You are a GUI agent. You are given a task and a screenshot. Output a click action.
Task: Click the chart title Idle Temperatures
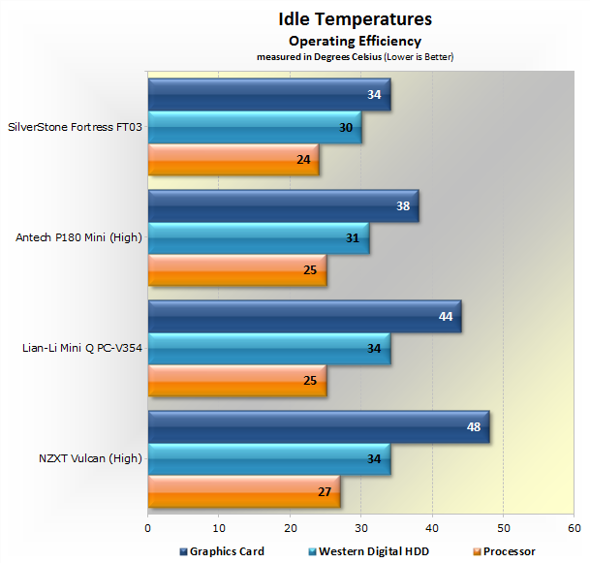click(355, 18)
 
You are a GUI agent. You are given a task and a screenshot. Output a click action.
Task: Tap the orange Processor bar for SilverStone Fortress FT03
click(233, 159)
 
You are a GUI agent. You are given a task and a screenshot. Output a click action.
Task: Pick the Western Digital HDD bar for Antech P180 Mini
click(258, 238)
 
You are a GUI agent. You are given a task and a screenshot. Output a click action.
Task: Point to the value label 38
click(404, 206)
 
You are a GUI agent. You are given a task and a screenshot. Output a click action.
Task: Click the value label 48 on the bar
click(475, 427)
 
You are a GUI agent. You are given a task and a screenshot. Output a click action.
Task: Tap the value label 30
click(347, 127)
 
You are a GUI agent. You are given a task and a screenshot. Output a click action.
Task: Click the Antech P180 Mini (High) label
click(80, 237)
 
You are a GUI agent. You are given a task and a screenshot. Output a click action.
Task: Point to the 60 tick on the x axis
click(574, 528)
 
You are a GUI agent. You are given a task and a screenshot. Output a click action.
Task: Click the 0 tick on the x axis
click(148, 528)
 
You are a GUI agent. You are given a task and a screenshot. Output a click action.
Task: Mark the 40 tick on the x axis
click(432, 528)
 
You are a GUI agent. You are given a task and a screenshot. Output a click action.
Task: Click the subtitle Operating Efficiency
click(355, 41)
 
